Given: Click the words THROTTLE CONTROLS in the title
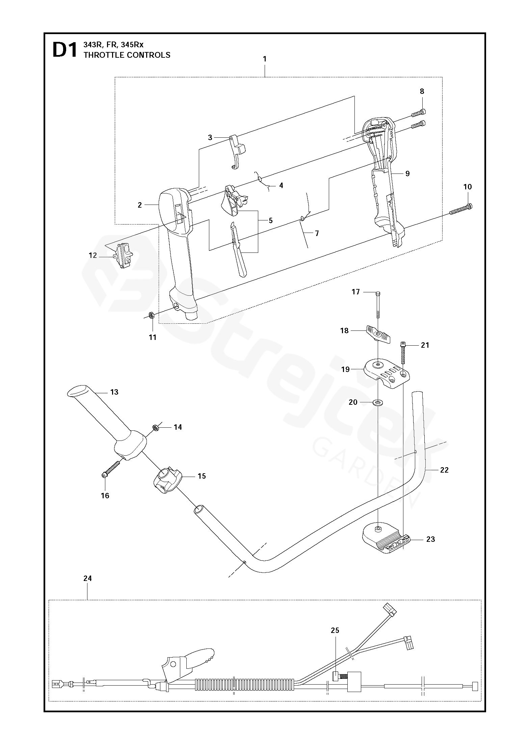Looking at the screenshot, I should (x=127, y=55).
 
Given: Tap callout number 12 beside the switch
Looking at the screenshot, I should (x=93, y=255).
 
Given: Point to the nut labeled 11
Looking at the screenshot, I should (x=152, y=316).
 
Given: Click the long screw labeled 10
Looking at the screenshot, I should (x=461, y=209).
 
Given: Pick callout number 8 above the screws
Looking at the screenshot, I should (x=422, y=91).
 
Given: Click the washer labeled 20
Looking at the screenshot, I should (x=378, y=402).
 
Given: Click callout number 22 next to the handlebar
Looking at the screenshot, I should (x=444, y=470).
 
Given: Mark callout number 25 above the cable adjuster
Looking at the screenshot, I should (x=335, y=630).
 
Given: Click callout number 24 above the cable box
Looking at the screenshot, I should (x=87, y=578).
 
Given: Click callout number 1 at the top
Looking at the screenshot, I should (x=265, y=59).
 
